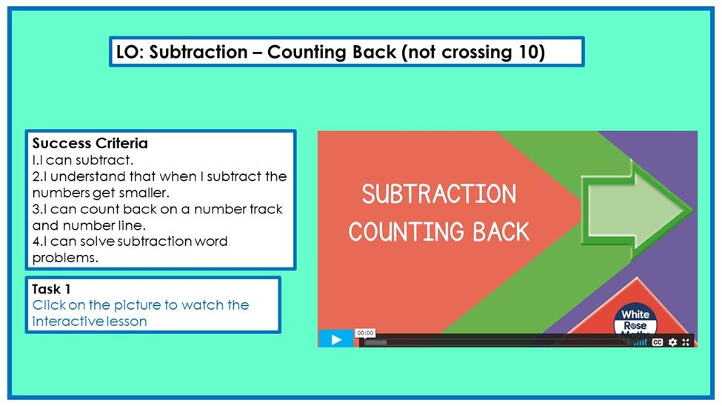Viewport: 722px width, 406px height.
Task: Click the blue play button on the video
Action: (x=336, y=339)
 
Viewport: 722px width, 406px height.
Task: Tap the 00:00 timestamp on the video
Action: (x=365, y=333)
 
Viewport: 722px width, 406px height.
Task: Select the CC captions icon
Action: (x=657, y=342)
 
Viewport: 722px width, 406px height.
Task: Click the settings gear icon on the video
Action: (x=672, y=342)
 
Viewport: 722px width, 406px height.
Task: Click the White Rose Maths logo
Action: (x=635, y=322)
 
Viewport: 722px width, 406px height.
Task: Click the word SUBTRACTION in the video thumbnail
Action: (x=439, y=194)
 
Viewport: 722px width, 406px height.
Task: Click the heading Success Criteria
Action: (x=90, y=143)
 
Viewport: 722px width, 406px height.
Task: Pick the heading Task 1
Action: (x=51, y=290)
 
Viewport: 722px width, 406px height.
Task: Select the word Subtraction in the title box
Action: (x=198, y=52)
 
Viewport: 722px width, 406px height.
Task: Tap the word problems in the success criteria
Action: (x=65, y=258)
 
